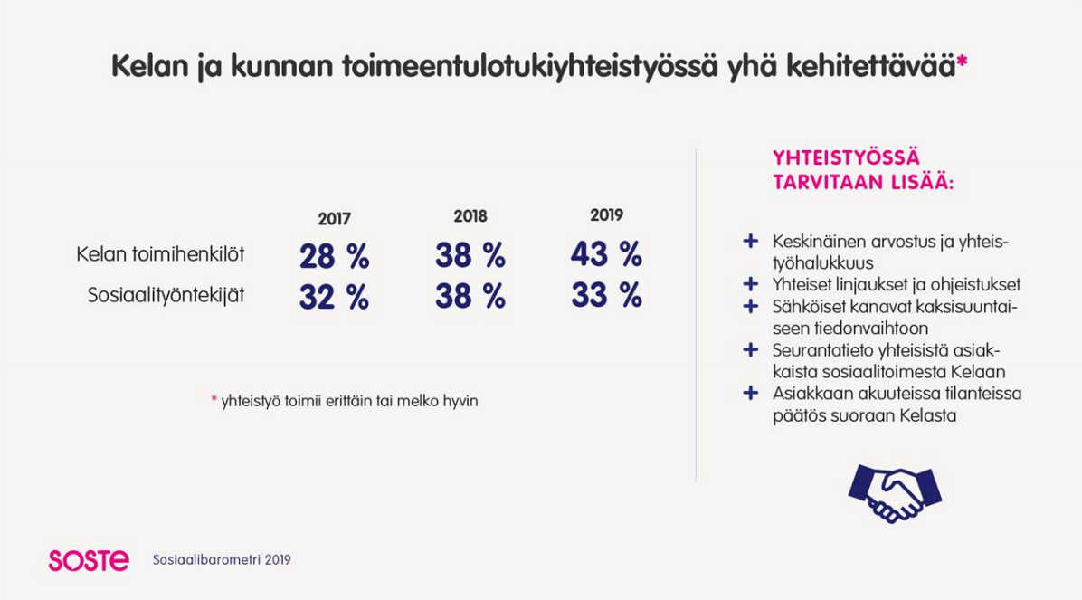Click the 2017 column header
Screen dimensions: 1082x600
point(334,220)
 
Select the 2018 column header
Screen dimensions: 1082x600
point(470,217)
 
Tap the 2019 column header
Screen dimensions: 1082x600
point(606,215)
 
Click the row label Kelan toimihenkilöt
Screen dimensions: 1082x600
point(160,254)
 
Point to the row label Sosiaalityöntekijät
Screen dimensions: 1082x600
point(166,296)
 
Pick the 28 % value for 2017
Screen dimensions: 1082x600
point(334,256)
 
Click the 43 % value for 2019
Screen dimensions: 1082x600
point(606,254)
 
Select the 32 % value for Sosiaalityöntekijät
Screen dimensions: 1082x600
point(334,297)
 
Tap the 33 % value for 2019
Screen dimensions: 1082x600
point(606,295)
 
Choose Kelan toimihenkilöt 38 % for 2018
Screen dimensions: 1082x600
point(470,255)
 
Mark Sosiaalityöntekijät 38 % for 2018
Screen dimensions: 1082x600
point(470,296)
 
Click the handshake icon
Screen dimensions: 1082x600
point(895,493)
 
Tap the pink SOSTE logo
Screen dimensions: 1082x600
point(89,561)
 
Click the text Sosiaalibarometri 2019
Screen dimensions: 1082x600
point(222,560)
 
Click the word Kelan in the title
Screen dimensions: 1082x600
point(149,66)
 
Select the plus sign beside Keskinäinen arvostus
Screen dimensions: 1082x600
point(751,241)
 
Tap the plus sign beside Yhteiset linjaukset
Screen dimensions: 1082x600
point(751,284)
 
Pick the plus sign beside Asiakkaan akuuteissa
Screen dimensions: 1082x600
point(751,393)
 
